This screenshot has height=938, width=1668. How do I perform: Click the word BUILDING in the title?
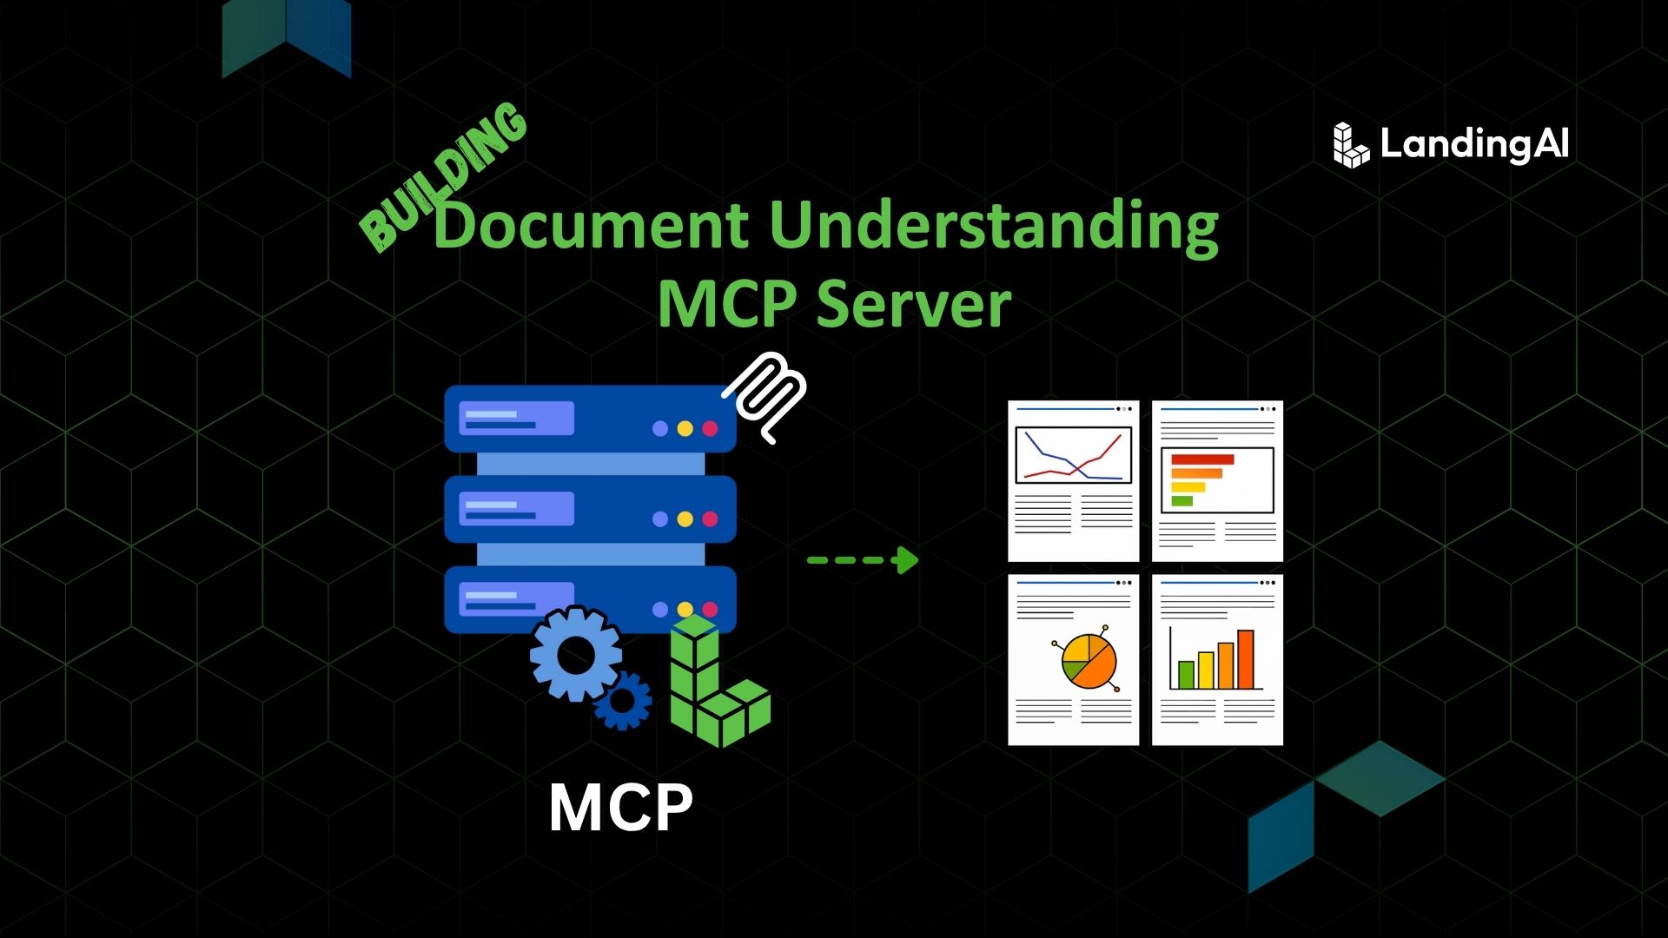443,178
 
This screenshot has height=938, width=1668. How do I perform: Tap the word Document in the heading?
591,226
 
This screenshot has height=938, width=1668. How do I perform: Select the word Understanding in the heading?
994,226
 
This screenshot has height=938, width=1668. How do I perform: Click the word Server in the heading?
914,304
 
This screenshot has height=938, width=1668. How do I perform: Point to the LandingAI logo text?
1474,144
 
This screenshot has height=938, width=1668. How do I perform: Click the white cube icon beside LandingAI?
1350,145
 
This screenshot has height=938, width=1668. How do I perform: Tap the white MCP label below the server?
621,808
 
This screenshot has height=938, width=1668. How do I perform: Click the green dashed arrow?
863,560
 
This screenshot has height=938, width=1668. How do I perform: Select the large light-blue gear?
575,653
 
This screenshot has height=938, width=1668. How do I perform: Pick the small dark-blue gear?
623,700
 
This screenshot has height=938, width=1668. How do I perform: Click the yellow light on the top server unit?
685,428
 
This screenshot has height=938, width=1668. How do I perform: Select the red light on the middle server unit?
710,519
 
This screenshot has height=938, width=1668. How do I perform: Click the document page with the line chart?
1073,480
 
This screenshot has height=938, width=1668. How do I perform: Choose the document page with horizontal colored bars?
1217,480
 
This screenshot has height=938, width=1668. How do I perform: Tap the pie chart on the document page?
1089,661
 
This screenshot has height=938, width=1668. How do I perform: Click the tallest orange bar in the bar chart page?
1246,658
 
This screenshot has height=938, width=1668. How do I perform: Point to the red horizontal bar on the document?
1202,459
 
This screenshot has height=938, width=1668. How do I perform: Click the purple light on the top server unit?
660,428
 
